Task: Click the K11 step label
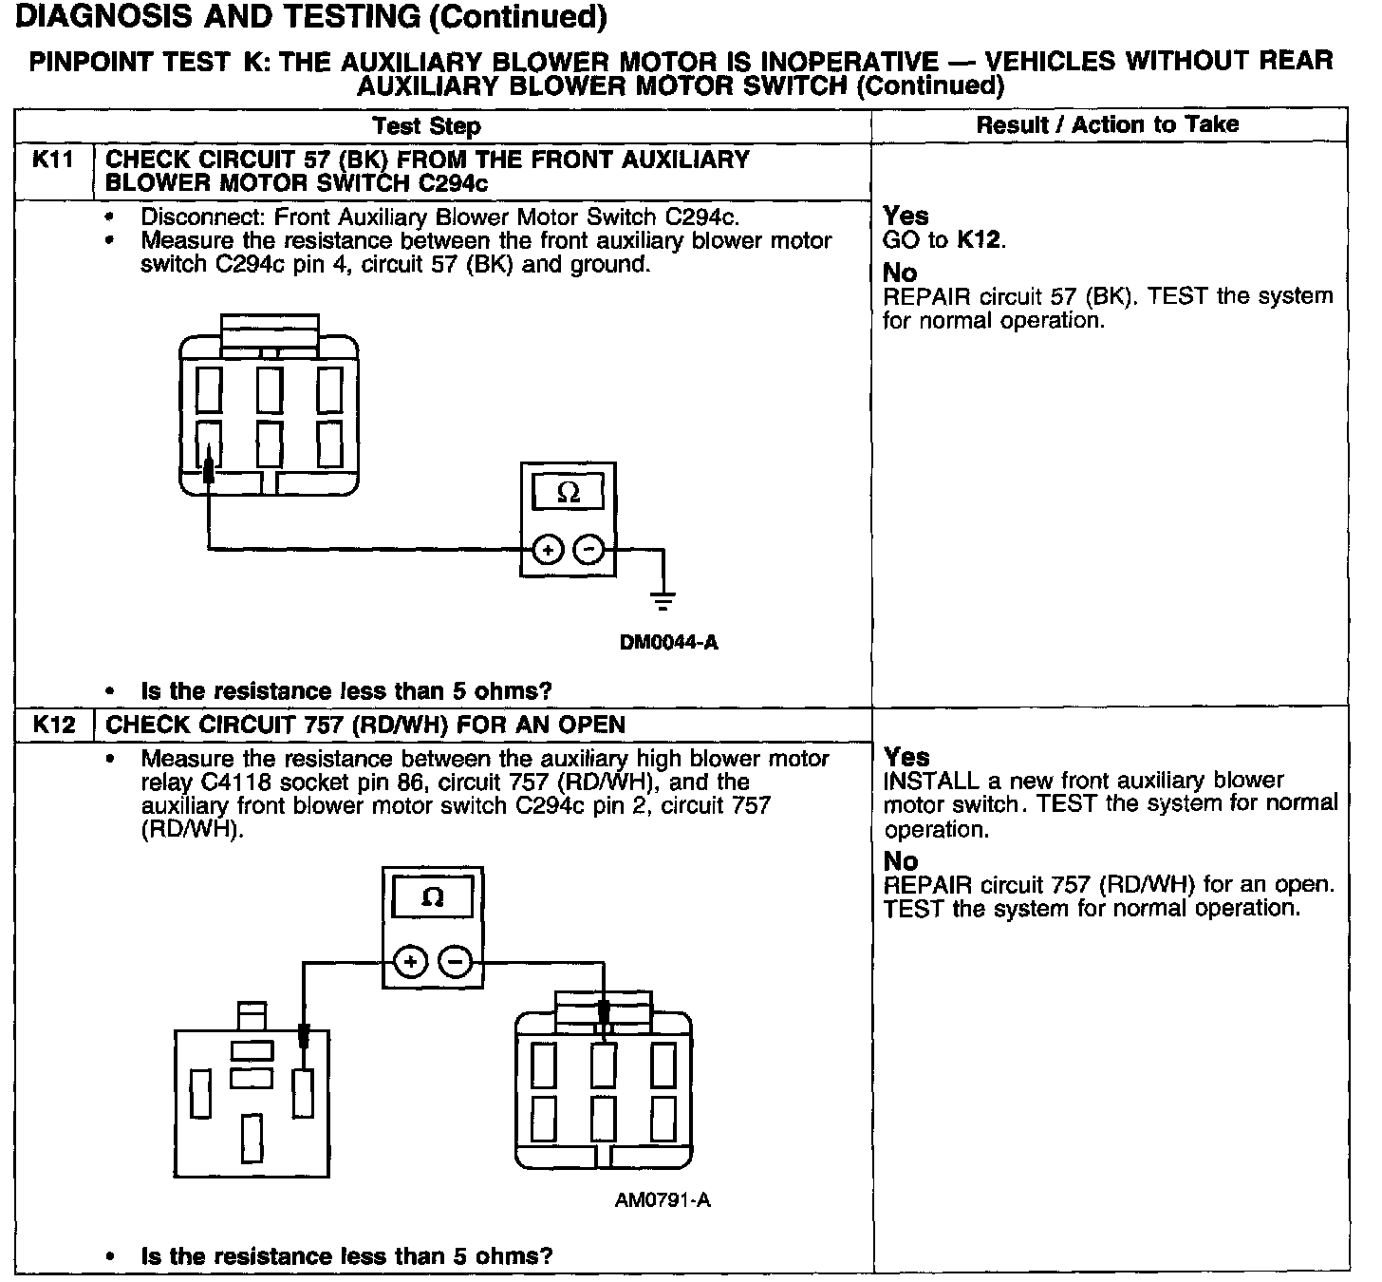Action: click(x=53, y=160)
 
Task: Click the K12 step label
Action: click(x=53, y=725)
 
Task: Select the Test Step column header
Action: click(x=426, y=126)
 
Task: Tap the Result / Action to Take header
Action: click(x=1108, y=124)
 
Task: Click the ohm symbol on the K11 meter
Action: click(x=568, y=493)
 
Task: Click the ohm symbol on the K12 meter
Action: click(x=432, y=897)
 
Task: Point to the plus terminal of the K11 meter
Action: click(x=548, y=549)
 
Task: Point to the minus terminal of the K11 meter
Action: click(x=589, y=549)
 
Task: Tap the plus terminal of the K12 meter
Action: click(x=410, y=962)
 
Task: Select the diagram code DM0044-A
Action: click(x=668, y=643)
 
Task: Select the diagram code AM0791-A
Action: click(x=663, y=1200)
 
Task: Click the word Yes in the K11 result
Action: click(x=906, y=216)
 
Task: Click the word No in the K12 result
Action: click(x=901, y=860)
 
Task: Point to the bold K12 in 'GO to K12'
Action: click(x=979, y=239)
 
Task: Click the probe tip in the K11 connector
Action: click(x=208, y=469)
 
